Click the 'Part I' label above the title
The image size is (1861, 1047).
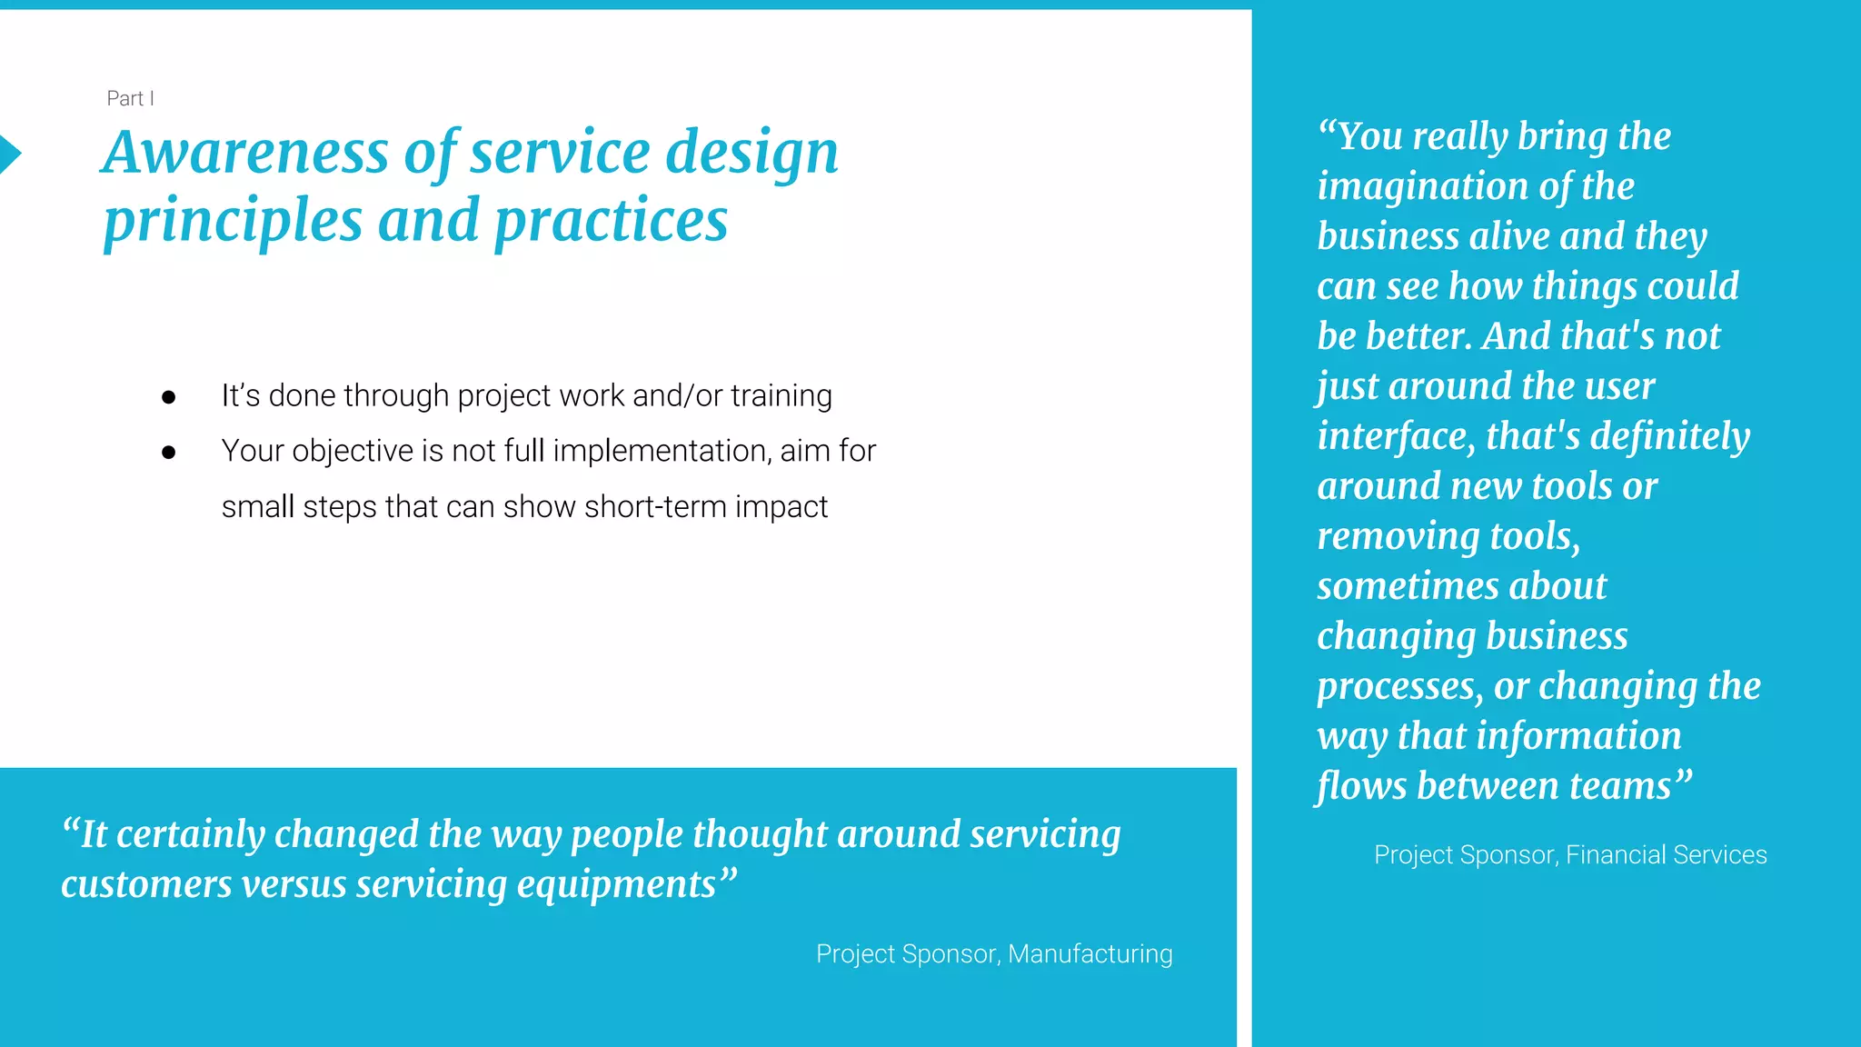[130, 98]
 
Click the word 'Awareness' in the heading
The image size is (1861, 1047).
[246, 152]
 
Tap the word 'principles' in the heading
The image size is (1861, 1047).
[233, 221]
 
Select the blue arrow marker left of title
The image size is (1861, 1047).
[9, 154]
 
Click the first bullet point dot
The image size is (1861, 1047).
[168, 397]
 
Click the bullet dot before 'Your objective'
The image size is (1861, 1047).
[168, 452]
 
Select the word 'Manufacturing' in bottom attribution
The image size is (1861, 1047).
[1090, 953]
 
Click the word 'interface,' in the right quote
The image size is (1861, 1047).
[1396, 436]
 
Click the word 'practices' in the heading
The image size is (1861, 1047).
[611, 221]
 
